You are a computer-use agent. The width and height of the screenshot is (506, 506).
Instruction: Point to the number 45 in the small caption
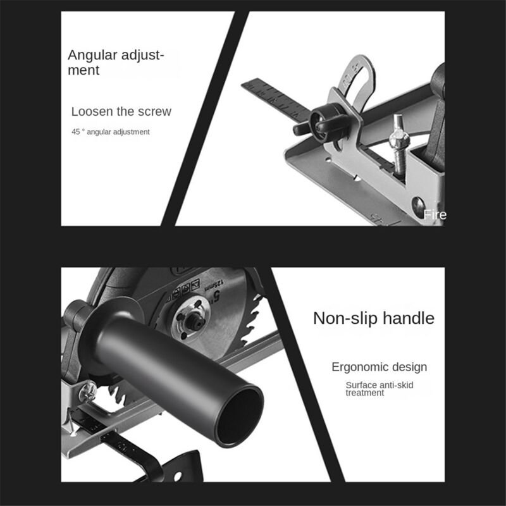click(x=76, y=132)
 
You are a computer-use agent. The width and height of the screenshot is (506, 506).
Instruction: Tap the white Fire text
click(x=435, y=215)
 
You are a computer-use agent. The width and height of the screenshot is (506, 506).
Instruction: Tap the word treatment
click(x=364, y=393)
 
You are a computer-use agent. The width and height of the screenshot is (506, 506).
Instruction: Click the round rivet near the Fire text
click(x=417, y=204)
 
